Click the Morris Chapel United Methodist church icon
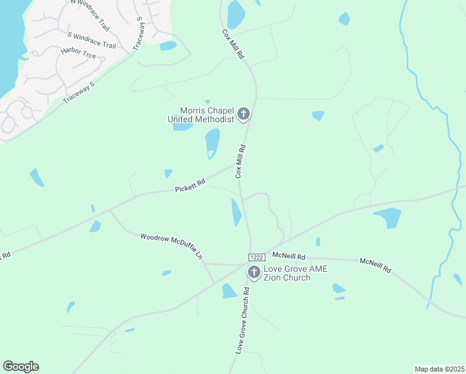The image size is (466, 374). tap(244, 114)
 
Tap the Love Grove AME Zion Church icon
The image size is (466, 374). tap(254, 272)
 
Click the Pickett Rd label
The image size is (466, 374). tap(190, 186)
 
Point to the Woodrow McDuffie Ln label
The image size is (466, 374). tap(172, 246)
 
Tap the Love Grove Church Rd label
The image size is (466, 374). tap(243, 320)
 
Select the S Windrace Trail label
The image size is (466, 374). tap(92, 39)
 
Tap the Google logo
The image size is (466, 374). tap(21, 367)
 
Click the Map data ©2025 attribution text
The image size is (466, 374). tap(440, 369)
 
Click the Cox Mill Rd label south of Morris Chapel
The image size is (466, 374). tap(241, 161)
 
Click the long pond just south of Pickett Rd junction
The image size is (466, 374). tap(237, 213)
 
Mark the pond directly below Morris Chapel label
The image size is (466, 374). tap(212, 143)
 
